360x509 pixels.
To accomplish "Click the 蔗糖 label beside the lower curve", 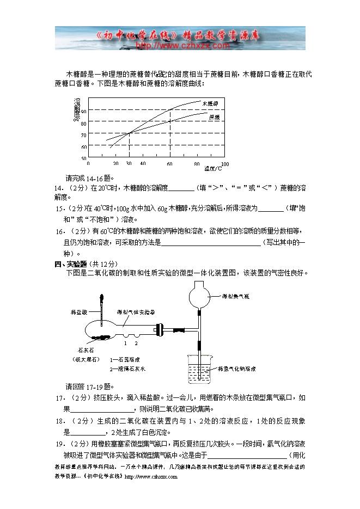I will pos(213,116).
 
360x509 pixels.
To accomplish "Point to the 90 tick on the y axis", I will pos(84,111).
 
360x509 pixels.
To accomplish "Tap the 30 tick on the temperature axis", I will pos(129,163).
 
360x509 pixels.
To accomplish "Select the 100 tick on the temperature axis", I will pos(224,163).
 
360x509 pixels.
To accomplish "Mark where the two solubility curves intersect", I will pos(129,133).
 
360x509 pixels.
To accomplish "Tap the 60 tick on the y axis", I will pos(84,146).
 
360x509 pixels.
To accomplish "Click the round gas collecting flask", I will pos(199,297).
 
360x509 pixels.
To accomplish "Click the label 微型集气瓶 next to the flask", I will pos(235,297).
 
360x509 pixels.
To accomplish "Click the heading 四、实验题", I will pos(71,264).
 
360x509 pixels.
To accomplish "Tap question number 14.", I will pos(58,188).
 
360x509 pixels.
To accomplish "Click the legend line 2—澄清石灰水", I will pos(128,369).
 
